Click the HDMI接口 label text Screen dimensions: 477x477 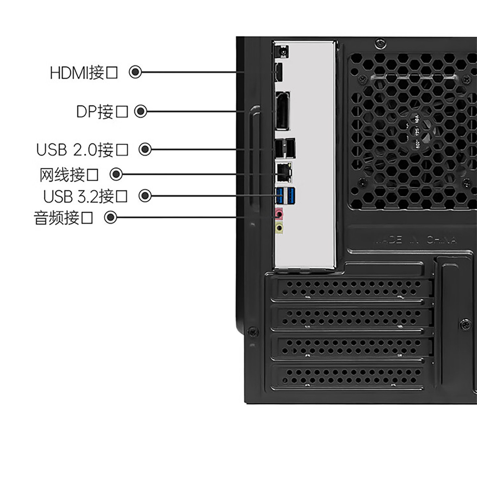click(x=83, y=73)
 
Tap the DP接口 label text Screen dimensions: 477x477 click(x=102, y=112)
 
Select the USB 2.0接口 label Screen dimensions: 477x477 click(x=82, y=150)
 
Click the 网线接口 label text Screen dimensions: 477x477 click(x=69, y=175)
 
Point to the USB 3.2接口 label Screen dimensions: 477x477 click(x=85, y=196)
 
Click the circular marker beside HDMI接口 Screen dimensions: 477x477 click(x=135, y=72)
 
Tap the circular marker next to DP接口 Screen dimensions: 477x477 click(x=140, y=111)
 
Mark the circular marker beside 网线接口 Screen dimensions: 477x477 click(x=116, y=174)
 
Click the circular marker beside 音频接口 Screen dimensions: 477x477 click(x=111, y=217)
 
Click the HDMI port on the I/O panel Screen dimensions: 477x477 click(x=278, y=72)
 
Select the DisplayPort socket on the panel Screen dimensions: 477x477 click(x=282, y=111)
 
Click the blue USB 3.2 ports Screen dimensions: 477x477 click(x=285, y=195)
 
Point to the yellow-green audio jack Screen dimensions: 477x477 click(x=279, y=228)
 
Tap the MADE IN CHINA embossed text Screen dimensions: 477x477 click(x=415, y=240)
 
